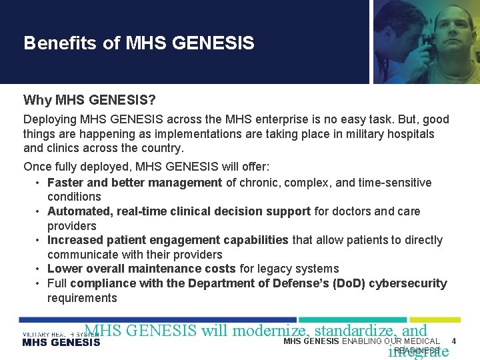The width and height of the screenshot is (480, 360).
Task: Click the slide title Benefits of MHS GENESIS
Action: tap(139, 43)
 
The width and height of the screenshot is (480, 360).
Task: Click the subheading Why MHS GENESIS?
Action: tap(89, 100)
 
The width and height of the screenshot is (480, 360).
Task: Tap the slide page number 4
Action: tap(454, 341)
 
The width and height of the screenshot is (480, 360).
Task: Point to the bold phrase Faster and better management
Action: tap(135, 183)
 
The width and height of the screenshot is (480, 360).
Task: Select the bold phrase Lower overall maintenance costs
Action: tap(141, 269)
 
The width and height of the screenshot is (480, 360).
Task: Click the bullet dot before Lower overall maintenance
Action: tap(39, 269)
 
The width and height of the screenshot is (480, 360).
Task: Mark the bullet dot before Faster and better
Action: tap(39, 183)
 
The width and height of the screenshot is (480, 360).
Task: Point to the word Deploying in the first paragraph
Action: tap(50, 119)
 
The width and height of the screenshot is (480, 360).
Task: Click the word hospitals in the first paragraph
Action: tap(411, 134)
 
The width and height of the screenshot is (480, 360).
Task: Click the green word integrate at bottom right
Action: tap(418, 351)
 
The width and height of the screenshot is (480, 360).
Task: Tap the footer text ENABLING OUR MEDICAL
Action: tap(391, 341)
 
